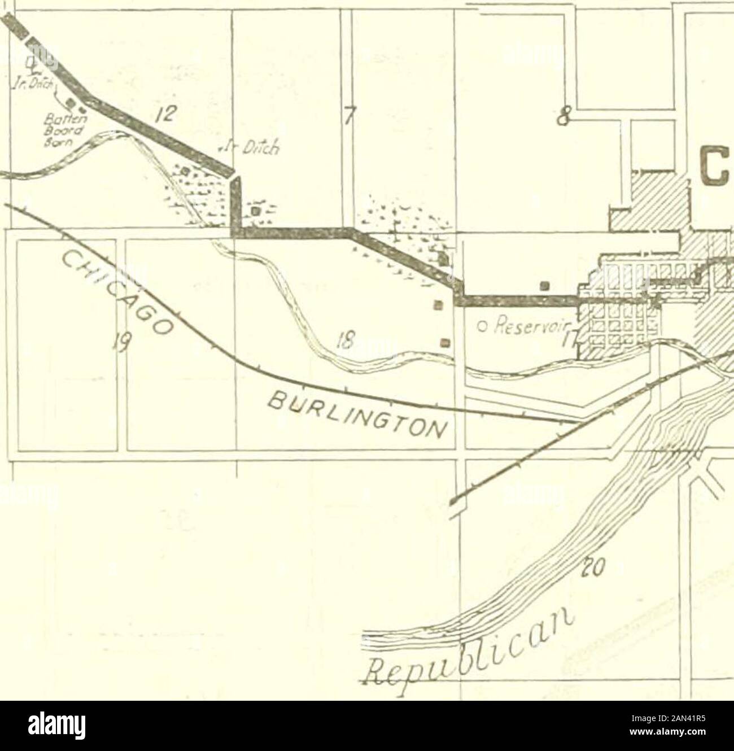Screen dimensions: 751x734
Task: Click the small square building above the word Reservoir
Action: click(544, 285)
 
